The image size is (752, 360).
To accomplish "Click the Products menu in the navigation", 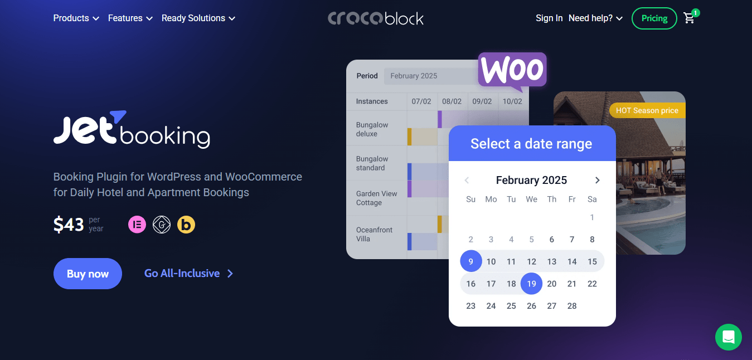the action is (x=76, y=18).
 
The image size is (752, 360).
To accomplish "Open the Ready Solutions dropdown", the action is (x=198, y=18).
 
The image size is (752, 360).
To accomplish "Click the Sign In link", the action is (x=549, y=18).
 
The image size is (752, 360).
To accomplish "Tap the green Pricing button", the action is (x=654, y=18).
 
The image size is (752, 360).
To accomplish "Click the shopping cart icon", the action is (x=690, y=18).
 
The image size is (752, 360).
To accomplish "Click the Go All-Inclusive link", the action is (x=188, y=274).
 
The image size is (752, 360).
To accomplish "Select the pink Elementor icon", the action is (x=137, y=225).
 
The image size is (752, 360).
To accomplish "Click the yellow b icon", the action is (x=186, y=225).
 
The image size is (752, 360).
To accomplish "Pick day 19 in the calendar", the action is (x=531, y=284).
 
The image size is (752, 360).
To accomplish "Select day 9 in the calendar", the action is (x=470, y=261).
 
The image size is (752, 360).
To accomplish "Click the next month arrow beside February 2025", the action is (x=597, y=180).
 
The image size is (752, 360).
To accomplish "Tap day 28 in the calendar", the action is (x=572, y=305).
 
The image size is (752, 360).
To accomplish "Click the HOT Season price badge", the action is (x=647, y=110).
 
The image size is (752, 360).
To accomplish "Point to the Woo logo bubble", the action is (x=512, y=70).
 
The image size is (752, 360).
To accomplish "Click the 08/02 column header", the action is (x=452, y=101).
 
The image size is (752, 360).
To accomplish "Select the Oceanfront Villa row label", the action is (x=374, y=234).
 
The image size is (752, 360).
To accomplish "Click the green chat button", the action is (x=729, y=337).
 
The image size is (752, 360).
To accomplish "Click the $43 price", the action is (x=69, y=225).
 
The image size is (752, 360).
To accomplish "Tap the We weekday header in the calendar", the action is (x=531, y=200).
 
